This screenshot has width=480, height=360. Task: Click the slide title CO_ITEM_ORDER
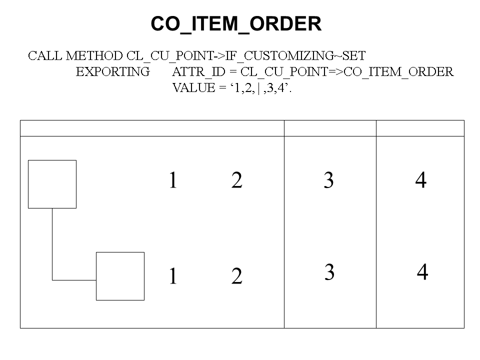[x=236, y=24]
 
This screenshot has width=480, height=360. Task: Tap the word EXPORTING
[x=113, y=72]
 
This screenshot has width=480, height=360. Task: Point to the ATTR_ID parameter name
[x=198, y=72]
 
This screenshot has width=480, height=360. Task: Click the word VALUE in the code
[x=194, y=88]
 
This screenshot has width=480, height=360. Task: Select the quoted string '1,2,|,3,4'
[x=260, y=88]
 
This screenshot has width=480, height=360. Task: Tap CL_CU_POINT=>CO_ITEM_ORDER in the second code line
[x=347, y=72]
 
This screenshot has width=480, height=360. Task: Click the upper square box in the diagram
[x=52, y=184]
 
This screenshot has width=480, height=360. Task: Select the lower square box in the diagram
[x=120, y=276]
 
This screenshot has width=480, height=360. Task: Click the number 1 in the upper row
[x=173, y=180]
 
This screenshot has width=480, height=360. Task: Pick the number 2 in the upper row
[x=236, y=180]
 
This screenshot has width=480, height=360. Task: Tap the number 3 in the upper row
[x=328, y=180]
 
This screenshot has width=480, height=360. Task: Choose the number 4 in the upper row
[x=421, y=180]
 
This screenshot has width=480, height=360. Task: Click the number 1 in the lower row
[x=173, y=276]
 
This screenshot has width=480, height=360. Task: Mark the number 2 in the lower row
[x=236, y=276]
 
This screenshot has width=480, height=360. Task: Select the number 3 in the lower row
[x=329, y=272]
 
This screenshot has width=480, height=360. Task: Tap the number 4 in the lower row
[x=422, y=272]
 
